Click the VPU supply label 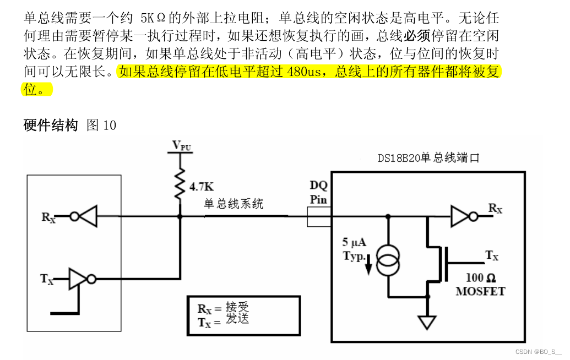coord(182,145)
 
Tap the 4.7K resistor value coord(202,187)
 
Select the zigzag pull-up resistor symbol coord(180,184)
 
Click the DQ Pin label coord(318,192)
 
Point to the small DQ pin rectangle coord(319,217)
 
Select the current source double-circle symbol coord(388,260)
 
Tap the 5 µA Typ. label coord(355,249)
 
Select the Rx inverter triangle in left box coord(84,216)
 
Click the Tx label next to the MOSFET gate coord(491,255)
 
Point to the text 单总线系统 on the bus coord(234,204)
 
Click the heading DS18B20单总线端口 coord(428,158)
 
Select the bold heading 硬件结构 coord(51,125)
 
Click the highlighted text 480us coord(304,72)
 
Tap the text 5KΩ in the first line coord(153,18)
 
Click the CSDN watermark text coord(538,352)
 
